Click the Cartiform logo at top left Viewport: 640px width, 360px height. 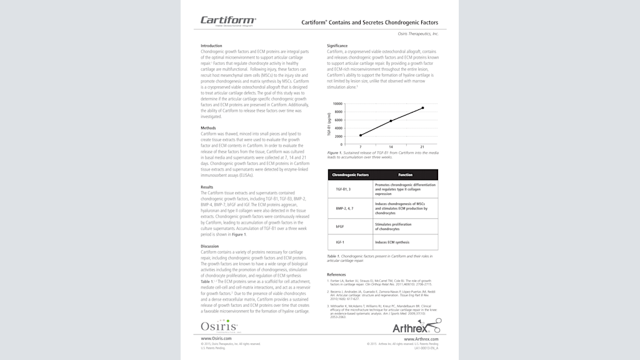(227, 21)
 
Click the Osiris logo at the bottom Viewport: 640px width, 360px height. (219, 326)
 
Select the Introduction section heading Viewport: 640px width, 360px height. (211, 46)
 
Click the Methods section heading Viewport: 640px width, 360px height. (208, 127)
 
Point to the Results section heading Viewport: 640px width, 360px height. (207, 187)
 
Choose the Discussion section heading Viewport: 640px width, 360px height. (210, 246)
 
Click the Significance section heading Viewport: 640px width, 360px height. (337, 46)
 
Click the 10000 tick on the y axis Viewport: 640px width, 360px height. (337, 104)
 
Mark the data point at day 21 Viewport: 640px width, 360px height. (422, 108)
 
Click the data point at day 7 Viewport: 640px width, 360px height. (360, 135)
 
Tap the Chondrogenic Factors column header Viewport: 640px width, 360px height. (351, 175)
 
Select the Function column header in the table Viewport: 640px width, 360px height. (405, 175)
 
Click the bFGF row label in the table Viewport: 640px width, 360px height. (339, 226)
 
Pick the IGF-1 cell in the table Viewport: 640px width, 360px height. (340, 242)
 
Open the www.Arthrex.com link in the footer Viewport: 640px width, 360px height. (421, 339)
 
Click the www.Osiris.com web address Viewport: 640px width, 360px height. (214, 339)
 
